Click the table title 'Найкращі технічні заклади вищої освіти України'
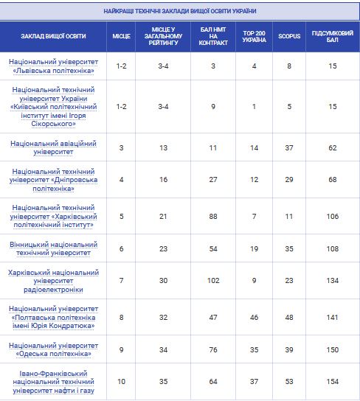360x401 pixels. point(180,11)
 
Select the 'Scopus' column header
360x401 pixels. point(289,36)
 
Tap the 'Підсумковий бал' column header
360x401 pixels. point(333,36)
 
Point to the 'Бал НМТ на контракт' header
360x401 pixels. point(213,36)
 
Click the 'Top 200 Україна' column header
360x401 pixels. point(254,36)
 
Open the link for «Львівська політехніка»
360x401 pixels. point(53,66)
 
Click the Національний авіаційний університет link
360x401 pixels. point(53,148)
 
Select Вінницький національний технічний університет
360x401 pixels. point(53,249)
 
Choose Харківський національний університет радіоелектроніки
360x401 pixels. point(53,281)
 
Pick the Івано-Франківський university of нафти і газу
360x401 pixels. point(53,382)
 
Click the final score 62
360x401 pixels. point(333,148)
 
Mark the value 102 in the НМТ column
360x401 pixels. point(213,281)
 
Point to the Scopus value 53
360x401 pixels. point(289,382)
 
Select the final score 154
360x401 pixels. point(333,382)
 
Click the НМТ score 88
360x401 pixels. point(213,217)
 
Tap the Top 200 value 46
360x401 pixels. point(254,318)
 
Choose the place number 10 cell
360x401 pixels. point(121,382)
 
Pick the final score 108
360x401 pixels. point(333,249)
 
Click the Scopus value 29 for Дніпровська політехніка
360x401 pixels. point(289,180)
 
